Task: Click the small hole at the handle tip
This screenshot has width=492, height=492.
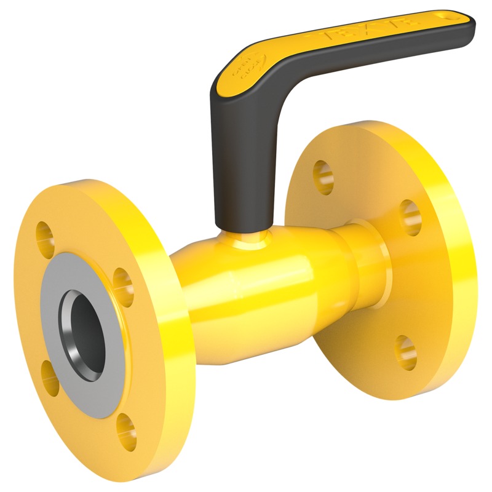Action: (x=455, y=17)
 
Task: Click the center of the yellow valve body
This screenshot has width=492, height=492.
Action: (x=258, y=283)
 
